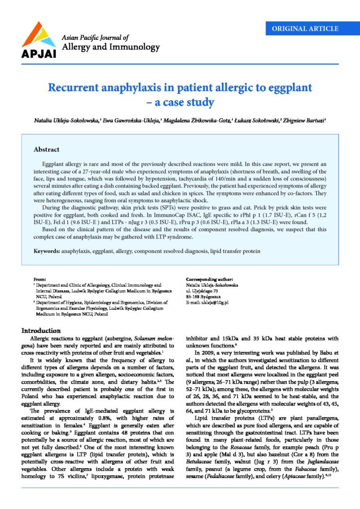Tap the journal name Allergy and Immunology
pos(110,48)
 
